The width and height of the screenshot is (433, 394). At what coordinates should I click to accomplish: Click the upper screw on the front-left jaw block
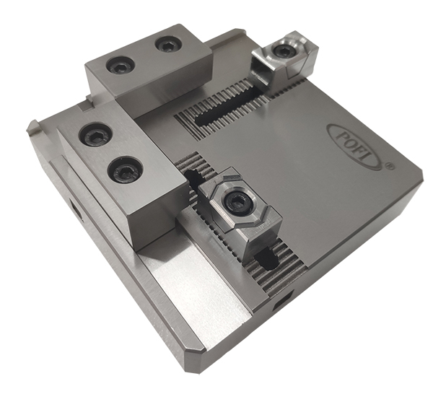[x=95, y=133]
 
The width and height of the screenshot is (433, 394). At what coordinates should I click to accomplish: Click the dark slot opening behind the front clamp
[x=193, y=177]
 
